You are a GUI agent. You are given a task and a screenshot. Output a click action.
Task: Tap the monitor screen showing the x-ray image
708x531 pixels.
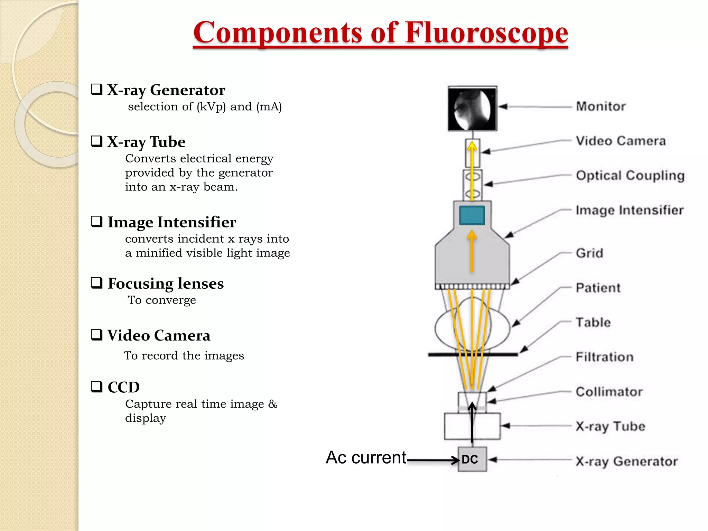click(x=472, y=109)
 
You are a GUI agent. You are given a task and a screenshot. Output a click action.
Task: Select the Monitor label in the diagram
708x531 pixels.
click(x=601, y=106)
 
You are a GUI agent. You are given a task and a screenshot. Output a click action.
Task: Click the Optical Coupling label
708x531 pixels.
click(x=630, y=176)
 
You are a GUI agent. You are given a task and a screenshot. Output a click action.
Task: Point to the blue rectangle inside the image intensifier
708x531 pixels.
click(x=472, y=215)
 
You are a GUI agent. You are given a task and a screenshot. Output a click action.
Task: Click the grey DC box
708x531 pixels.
click(x=472, y=459)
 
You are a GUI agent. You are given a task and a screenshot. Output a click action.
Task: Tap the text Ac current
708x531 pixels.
click(x=366, y=457)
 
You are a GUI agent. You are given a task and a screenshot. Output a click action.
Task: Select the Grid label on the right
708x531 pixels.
click(x=589, y=253)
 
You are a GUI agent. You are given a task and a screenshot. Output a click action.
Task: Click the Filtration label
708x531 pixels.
click(x=605, y=357)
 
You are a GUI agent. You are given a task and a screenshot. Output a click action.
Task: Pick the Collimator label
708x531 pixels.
click(x=609, y=392)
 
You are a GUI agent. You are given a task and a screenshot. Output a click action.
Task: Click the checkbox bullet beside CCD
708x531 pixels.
click(x=97, y=386)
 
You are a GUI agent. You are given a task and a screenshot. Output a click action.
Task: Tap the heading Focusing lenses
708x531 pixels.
click(x=166, y=283)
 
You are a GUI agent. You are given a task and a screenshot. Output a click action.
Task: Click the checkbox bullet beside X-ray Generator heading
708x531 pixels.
click(x=97, y=89)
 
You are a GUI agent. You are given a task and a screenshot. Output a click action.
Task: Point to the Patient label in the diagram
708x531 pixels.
click(x=598, y=288)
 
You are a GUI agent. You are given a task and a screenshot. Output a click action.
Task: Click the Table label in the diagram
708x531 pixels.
click(x=593, y=322)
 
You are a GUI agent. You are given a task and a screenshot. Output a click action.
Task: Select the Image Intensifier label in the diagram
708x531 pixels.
click(x=630, y=210)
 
